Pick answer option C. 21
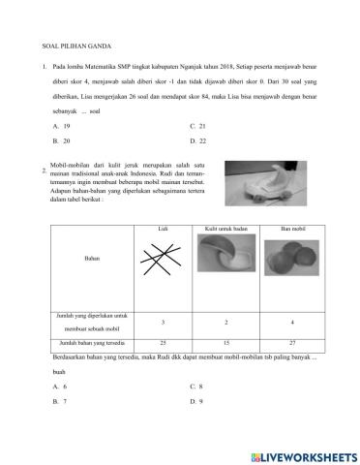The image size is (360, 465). (199, 127)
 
